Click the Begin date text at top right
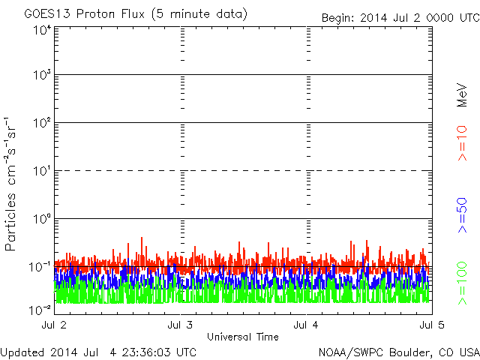pyautogui.click(x=400, y=18)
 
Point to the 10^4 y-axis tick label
pyautogui.click(x=42, y=30)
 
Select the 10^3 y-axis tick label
pyautogui.click(x=42, y=75)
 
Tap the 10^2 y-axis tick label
pyautogui.click(x=42, y=123)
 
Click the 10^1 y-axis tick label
pyautogui.click(x=42, y=171)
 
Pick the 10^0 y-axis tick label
pyautogui.click(x=42, y=219)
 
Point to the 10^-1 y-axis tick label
pyautogui.click(x=40, y=267)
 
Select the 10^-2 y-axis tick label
pyautogui.click(x=40, y=310)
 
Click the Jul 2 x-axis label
pyautogui.click(x=54, y=325)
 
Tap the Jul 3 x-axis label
pyautogui.click(x=180, y=325)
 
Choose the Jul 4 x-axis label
pyautogui.click(x=306, y=325)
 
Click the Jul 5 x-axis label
pyautogui.click(x=432, y=325)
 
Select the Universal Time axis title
pyautogui.click(x=243, y=337)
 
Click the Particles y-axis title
pyautogui.click(x=10, y=184)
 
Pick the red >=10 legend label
pyautogui.click(x=462, y=143)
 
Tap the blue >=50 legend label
pyautogui.click(x=462, y=215)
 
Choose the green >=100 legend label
pyautogui.click(x=462, y=283)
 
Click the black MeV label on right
pyautogui.click(x=462, y=95)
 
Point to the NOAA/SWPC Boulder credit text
pyautogui.click(x=399, y=352)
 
